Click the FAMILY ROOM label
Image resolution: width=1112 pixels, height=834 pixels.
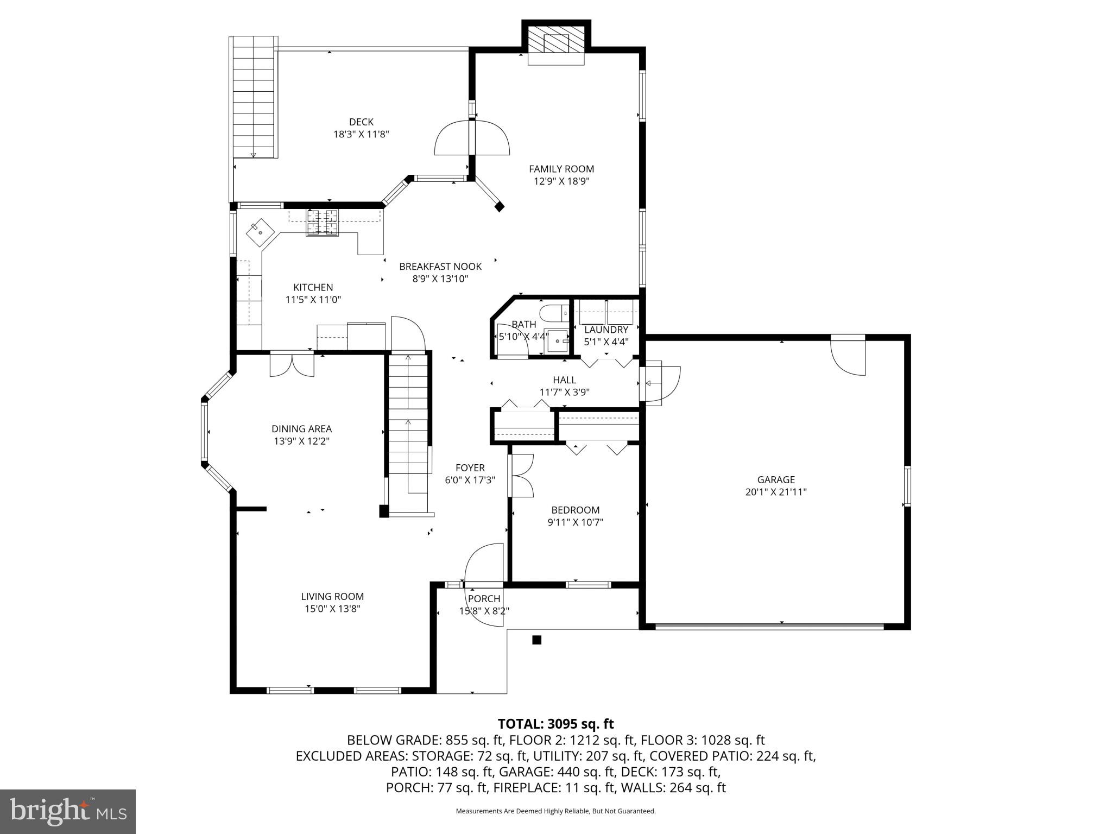click(x=561, y=169)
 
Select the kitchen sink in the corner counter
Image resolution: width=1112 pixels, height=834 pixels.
click(x=260, y=232)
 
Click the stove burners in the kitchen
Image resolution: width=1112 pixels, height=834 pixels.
click(x=322, y=222)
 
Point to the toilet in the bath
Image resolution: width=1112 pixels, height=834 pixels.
click(x=553, y=313)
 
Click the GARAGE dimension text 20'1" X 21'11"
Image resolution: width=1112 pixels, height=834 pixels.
click(x=776, y=492)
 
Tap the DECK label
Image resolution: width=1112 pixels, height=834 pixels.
click(x=361, y=122)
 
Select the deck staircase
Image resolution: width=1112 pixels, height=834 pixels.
click(x=253, y=97)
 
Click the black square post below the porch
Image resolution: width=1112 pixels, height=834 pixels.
click(x=536, y=640)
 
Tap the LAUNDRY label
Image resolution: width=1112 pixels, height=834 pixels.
click(x=606, y=330)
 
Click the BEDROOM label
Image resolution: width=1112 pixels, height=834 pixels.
click(x=576, y=510)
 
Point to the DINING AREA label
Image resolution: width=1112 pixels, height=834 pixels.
click(x=302, y=429)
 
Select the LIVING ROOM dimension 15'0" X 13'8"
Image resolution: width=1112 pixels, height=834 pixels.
click(x=332, y=609)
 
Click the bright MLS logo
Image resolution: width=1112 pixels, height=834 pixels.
click(x=68, y=811)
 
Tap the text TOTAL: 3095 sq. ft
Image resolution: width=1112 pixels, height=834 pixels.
click(x=555, y=724)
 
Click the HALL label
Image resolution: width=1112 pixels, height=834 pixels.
click(x=565, y=380)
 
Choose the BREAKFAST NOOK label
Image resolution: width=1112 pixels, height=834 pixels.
click(x=440, y=267)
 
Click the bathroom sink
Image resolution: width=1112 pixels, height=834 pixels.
click(x=557, y=341)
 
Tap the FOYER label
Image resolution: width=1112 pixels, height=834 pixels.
click(x=470, y=468)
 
